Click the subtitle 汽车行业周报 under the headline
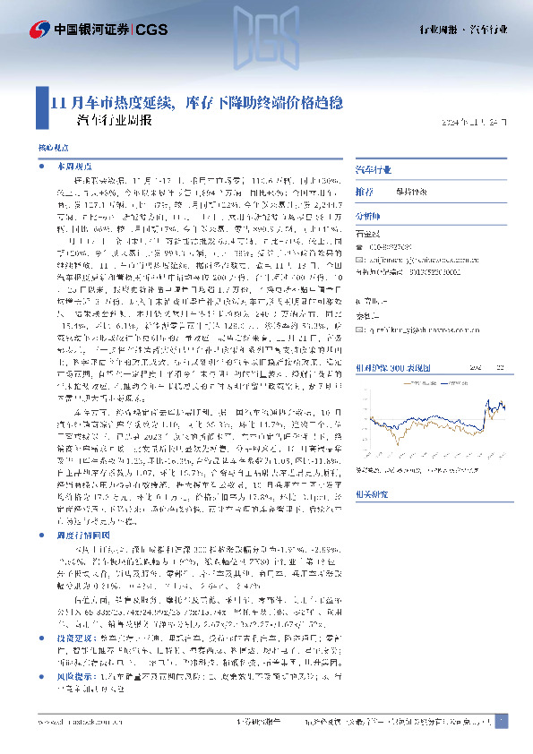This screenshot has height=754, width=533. click(116, 120)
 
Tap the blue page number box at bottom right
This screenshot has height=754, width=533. click(502, 721)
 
